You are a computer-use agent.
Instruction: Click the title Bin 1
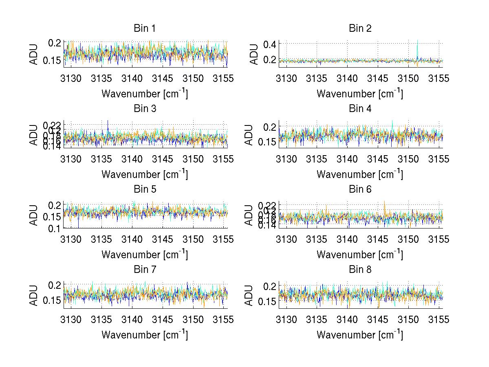point(145,29)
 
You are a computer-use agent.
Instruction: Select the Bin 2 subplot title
point(360,29)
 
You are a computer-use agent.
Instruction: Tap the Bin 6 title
point(360,189)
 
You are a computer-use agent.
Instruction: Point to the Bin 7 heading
point(145,270)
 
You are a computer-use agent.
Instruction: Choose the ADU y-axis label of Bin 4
point(254,135)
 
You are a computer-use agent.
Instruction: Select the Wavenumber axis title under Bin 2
point(360,94)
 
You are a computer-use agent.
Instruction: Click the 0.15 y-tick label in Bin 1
point(52,60)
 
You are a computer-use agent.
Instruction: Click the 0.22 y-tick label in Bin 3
point(52,124)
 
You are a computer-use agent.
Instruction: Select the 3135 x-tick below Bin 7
point(102,320)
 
